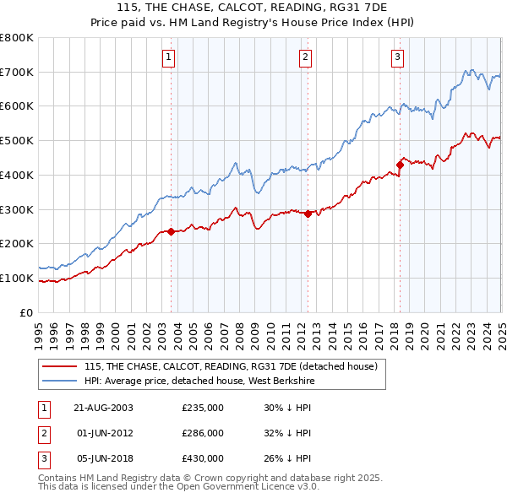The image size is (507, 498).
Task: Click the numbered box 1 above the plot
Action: [169, 57]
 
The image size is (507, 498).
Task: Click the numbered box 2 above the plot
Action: [305, 57]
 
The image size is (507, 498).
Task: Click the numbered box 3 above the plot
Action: [397, 57]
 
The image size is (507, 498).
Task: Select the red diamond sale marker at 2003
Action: [172, 231]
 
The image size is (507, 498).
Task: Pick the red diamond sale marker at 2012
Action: [308, 214]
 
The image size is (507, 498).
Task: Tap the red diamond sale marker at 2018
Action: [400, 165]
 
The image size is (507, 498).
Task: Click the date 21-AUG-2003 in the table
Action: [104, 408]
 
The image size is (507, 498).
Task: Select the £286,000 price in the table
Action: [203, 433]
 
